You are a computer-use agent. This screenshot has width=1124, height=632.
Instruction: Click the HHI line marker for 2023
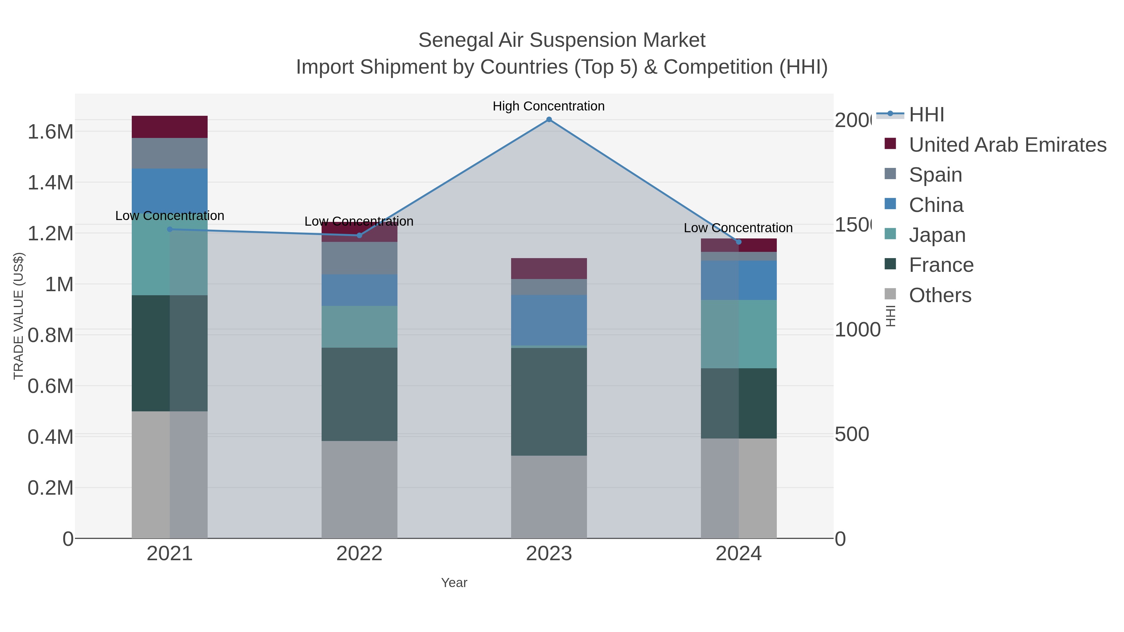coord(549,120)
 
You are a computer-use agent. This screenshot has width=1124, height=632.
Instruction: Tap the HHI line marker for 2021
coord(170,229)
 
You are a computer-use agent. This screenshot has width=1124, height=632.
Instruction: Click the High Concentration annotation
coord(549,106)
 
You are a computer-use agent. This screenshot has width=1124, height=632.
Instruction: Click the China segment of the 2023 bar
coord(549,320)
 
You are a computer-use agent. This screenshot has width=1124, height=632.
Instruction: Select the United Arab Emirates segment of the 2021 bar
coord(170,127)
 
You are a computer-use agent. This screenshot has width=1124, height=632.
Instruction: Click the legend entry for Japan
coord(937,235)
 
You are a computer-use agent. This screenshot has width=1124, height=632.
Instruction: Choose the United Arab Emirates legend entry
coord(1008,145)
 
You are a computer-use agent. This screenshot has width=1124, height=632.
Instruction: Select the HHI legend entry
coord(926,115)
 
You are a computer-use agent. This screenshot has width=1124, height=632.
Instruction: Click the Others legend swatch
coord(890,294)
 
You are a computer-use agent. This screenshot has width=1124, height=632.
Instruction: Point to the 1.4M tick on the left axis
coord(50,182)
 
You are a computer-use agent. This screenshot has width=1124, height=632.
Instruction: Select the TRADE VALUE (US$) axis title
coord(18,316)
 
